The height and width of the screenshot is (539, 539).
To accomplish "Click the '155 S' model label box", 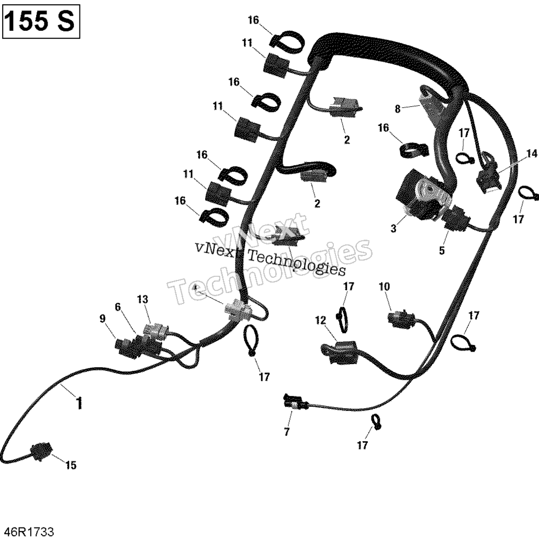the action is [x=41, y=21].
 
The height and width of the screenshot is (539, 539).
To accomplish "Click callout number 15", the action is [x=71, y=465].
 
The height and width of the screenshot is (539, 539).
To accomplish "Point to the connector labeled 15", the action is [x=41, y=451].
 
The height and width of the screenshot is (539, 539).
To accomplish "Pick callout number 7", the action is [x=287, y=431].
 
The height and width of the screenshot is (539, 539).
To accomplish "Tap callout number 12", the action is [x=320, y=321].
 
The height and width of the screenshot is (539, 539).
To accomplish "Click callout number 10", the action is [x=384, y=286].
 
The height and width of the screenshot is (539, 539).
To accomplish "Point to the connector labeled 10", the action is [x=401, y=319].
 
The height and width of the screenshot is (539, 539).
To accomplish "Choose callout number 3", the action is [x=394, y=228].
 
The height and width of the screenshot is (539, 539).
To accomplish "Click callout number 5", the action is [x=442, y=251].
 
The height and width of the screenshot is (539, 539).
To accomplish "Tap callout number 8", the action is [x=397, y=109].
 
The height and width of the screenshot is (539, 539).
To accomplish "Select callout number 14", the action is [x=532, y=153].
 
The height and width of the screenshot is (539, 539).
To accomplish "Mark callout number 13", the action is [x=143, y=299].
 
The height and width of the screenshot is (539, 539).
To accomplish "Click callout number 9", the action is [x=103, y=319].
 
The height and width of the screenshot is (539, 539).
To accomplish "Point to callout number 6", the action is [x=118, y=307].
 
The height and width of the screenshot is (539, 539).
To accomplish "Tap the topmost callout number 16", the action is [x=253, y=20].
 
